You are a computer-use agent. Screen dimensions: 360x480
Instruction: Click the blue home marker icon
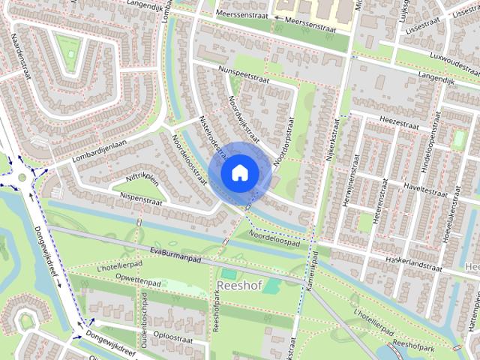(x=239, y=172)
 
